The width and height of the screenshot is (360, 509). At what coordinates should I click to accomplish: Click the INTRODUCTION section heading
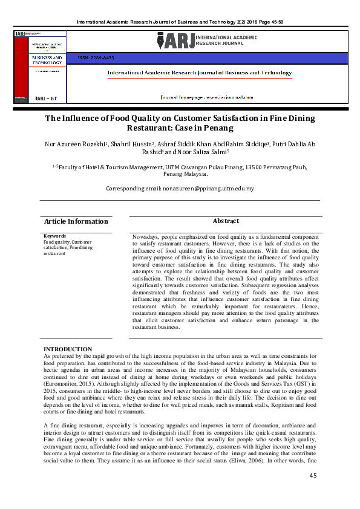68,349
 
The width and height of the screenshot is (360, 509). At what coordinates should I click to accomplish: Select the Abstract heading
225,221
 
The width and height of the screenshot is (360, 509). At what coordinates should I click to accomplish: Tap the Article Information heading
76,221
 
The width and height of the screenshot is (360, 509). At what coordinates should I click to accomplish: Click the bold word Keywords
54,236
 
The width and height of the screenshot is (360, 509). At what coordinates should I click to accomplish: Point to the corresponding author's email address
208,189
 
